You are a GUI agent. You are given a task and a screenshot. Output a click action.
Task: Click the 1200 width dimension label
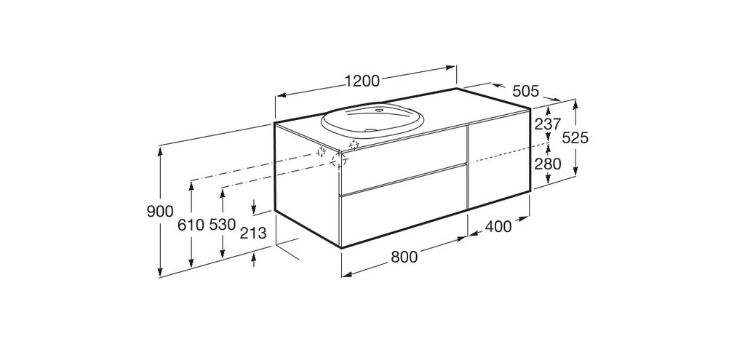coord(362,81)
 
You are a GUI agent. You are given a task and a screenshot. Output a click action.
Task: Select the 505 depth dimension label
coord(526,91)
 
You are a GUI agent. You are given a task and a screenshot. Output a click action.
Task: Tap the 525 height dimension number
coord(575,137)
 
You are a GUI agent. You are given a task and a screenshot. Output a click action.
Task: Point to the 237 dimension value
coord(548,124)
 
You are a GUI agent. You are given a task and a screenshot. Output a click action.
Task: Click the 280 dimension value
coord(548,164)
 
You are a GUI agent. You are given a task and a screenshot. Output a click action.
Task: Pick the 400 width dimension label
coord(498,227)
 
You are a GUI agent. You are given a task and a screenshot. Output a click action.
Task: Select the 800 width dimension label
coord(405,257)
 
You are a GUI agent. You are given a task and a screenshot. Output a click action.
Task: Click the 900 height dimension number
coord(160,212)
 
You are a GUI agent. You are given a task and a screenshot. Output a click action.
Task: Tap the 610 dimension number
coord(191,225)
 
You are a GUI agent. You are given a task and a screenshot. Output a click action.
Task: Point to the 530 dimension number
coord(223,225)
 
